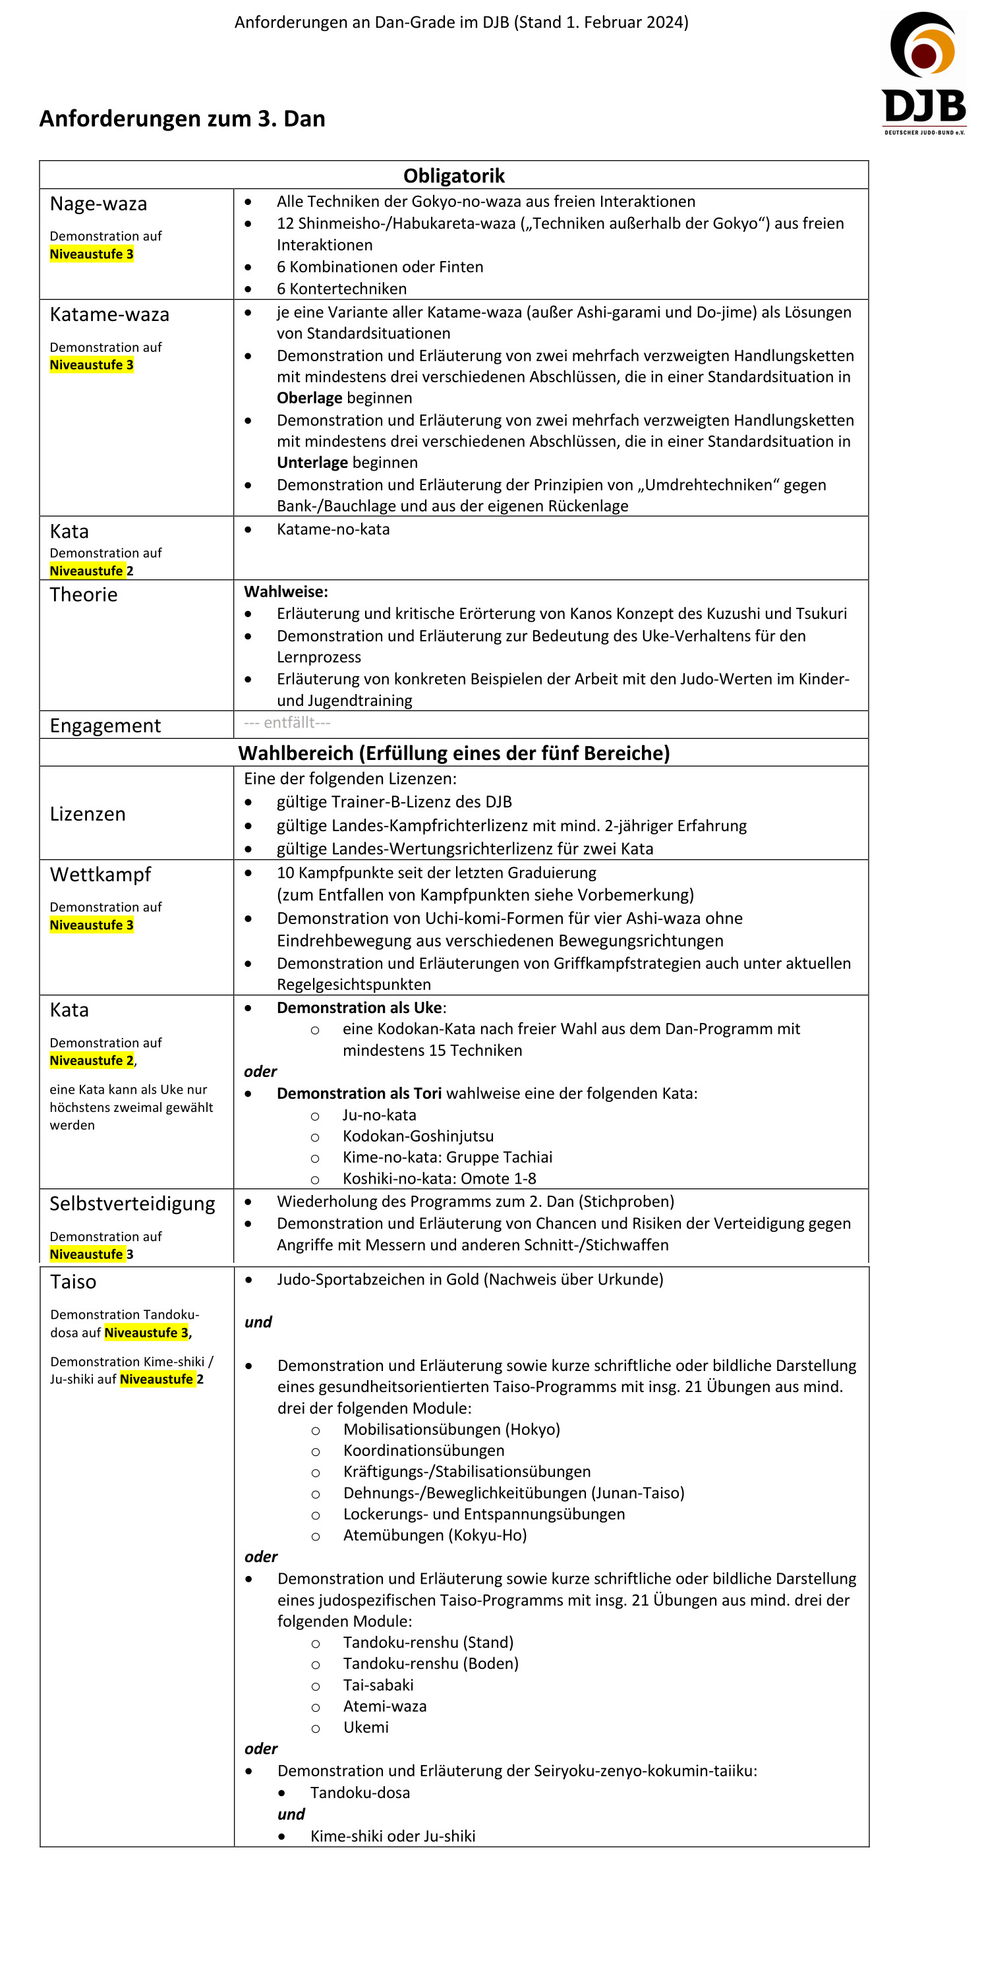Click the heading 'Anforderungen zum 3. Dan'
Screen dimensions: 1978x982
[182, 119]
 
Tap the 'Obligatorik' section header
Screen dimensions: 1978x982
[453, 176]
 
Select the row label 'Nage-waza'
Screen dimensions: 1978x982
[98, 204]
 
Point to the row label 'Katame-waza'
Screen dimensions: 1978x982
[109, 315]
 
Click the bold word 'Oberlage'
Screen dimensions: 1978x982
[309, 397]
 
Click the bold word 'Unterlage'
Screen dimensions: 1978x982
[312, 462]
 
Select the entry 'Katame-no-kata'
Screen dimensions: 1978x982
[333, 529]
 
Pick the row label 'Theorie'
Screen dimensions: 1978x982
[84, 595]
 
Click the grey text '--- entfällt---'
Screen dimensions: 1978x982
[287, 722]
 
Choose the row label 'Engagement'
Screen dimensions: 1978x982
[105, 726]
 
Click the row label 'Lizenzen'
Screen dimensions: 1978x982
[88, 814]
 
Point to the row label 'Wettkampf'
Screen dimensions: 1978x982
[101, 875]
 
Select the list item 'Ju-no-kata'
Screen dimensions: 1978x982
[379, 1115]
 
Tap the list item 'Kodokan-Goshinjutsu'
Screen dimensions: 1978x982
[418, 1136]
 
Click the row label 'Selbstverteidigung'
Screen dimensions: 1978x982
[132, 1204]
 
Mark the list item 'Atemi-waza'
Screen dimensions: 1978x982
[385, 1706]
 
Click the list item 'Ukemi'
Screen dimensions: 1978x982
[366, 1727]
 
